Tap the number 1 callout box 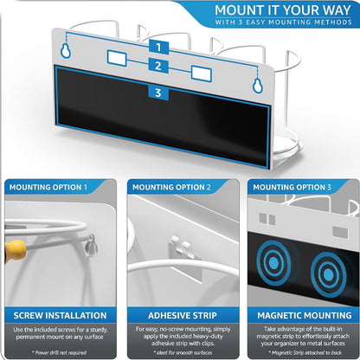click(158, 47)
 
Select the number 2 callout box click(158, 66)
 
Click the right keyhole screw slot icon click(256, 85)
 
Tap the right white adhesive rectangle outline click(201, 74)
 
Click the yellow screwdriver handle click(12, 252)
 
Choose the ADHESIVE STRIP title click(180, 315)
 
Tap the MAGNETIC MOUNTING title click(301, 315)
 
